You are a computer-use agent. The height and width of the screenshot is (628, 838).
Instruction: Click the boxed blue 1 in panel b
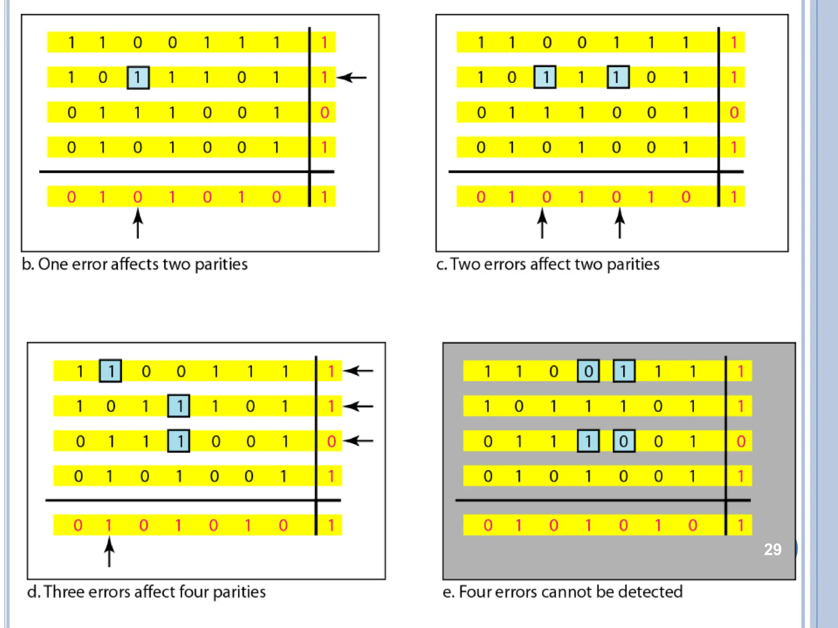tap(138, 77)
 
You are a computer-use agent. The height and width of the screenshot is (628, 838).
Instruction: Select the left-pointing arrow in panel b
tap(352, 77)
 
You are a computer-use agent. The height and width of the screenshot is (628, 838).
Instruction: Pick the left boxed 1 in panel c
tap(545, 77)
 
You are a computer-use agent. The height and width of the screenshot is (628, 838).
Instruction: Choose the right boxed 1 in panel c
tap(618, 77)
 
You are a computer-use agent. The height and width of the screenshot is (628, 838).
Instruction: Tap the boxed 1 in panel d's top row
tap(110, 371)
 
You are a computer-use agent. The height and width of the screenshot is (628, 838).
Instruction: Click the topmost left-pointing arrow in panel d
tap(358, 371)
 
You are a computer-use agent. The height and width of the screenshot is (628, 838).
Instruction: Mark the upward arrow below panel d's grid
tap(109, 552)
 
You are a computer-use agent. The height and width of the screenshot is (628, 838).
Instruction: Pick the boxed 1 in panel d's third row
tap(179, 441)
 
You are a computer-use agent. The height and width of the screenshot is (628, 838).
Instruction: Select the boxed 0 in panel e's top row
tap(588, 371)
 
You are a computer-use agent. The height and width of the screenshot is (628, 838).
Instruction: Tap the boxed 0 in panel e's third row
tap(624, 441)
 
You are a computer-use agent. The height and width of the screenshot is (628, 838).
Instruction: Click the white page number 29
tap(773, 549)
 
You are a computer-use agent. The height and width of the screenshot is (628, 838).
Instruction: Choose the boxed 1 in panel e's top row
tap(624, 371)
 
